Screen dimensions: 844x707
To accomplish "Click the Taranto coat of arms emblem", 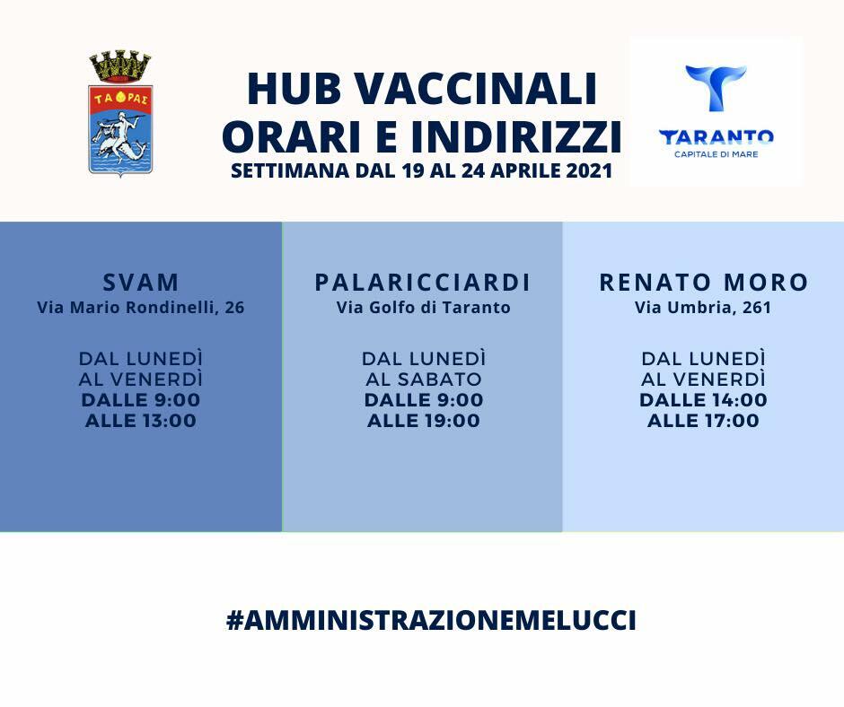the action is (120, 114).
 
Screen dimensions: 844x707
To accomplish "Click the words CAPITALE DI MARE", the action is (716, 154).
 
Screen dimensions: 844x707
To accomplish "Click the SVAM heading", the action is (141, 283).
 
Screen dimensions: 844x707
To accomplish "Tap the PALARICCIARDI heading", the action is (423, 283).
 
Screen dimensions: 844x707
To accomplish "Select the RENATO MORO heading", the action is (704, 283).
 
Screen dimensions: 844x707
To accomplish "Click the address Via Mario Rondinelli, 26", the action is (141, 308).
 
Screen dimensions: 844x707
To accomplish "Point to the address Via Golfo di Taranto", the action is (423, 308).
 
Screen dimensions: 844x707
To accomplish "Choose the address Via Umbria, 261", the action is (703, 308).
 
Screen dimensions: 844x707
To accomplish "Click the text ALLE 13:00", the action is (141, 421).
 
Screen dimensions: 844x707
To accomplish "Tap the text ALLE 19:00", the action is (424, 421).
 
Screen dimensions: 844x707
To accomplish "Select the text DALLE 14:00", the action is (703, 400).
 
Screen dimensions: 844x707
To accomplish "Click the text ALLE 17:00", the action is (703, 421).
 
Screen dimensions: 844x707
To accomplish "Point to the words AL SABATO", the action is (424, 380).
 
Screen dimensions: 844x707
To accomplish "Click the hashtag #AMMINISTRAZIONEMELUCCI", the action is (431, 620).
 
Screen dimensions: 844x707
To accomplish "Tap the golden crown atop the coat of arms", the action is (120, 65).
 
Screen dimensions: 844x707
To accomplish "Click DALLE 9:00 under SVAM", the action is (141, 400).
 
